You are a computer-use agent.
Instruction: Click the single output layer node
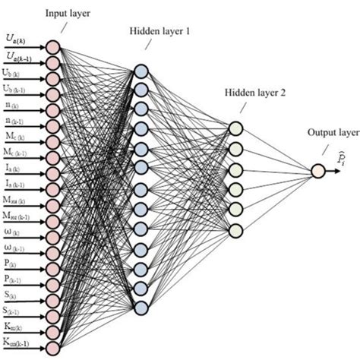click(317, 171)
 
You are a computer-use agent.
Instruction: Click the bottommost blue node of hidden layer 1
click(141, 307)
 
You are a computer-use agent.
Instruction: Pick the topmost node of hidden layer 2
click(235, 128)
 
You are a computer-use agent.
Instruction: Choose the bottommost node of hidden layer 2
click(235, 229)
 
